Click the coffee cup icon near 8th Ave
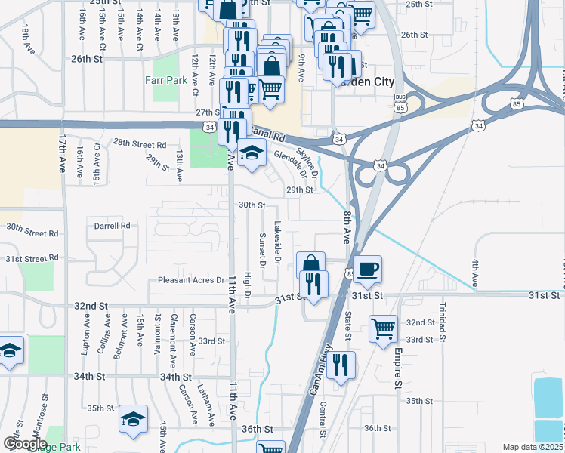[367, 270]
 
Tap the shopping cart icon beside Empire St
[384, 328]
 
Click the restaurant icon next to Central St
[341, 366]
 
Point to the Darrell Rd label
[113, 225]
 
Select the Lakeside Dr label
[277, 242]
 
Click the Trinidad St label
[442, 321]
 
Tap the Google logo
[25, 444]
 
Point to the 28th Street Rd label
[140, 144]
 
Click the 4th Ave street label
[475, 273]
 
